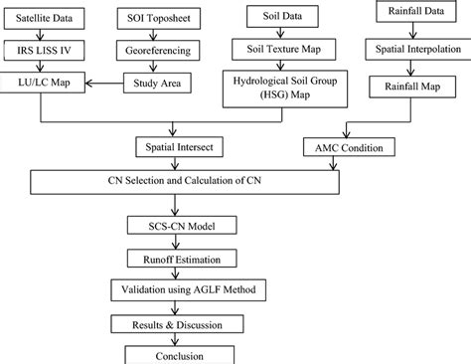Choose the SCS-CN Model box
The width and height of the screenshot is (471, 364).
[x=178, y=227]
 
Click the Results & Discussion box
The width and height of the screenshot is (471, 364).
[x=179, y=325]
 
